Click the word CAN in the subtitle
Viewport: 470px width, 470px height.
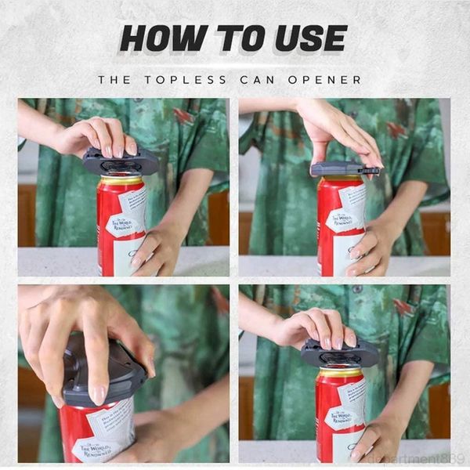[265, 79]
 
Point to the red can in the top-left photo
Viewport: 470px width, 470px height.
[121, 227]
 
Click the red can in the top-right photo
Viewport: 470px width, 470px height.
[341, 227]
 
